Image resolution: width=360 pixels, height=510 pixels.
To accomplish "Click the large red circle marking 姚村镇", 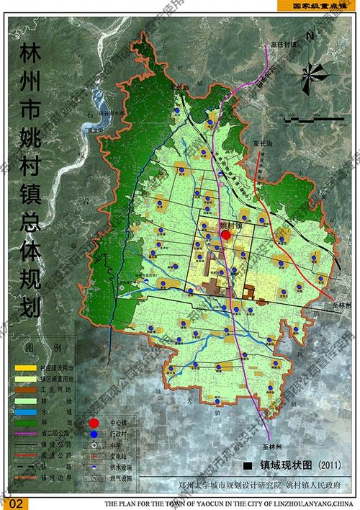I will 226,235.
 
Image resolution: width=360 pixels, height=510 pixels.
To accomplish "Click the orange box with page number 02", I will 19,502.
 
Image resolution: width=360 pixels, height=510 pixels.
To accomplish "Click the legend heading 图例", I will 36,349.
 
